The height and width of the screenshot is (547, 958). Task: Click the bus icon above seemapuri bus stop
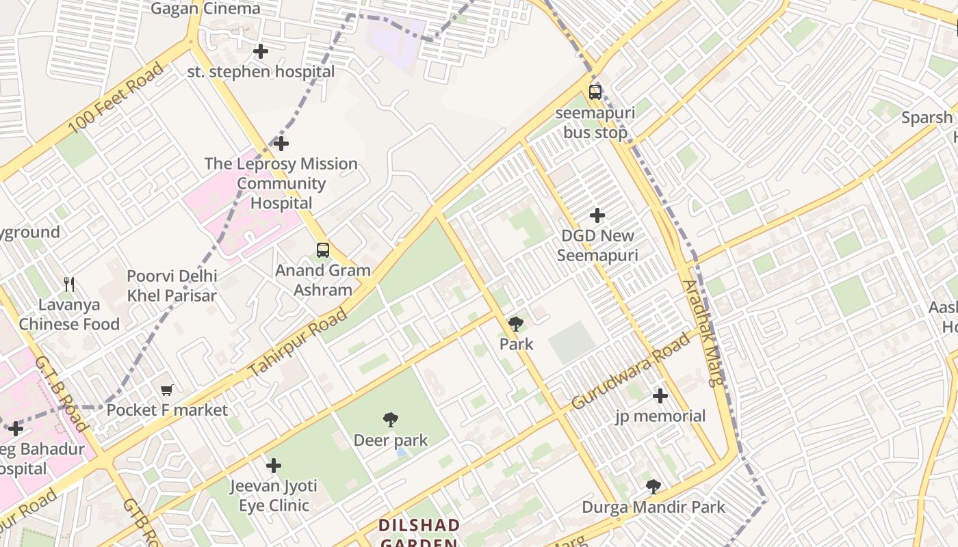click(595, 92)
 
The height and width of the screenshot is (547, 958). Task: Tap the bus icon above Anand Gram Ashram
click(323, 250)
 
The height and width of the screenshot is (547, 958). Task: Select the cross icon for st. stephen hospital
click(261, 51)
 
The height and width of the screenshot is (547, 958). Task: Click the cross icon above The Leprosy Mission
click(281, 144)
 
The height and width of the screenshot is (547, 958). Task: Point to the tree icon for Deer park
click(391, 419)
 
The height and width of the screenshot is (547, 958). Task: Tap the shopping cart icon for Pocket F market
click(167, 390)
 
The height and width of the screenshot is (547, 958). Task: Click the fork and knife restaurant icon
click(69, 284)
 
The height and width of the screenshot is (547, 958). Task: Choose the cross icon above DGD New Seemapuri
click(597, 215)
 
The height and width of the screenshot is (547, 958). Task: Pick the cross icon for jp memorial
click(660, 395)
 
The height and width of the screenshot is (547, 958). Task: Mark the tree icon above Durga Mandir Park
click(653, 486)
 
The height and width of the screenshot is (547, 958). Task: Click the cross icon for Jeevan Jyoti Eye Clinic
click(274, 466)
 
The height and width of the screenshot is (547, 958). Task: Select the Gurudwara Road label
click(630, 371)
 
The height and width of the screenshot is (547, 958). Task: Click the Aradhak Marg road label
click(702, 333)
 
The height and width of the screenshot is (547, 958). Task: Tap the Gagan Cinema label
click(205, 8)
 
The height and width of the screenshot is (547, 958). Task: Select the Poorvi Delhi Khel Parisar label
click(172, 286)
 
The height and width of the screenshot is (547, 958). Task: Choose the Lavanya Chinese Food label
click(69, 315)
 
